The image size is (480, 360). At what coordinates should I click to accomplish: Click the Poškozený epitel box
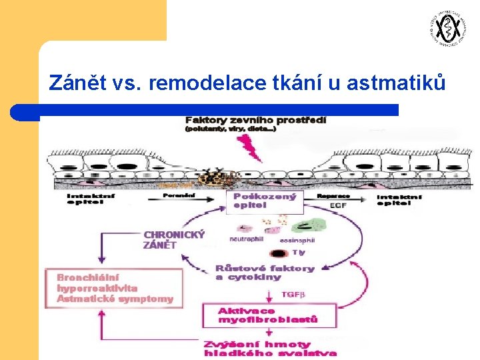tap(265, 201)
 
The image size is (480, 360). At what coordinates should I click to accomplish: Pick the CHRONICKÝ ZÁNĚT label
tap(173, 239)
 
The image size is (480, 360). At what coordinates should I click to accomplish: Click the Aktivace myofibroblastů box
tap(268, 315)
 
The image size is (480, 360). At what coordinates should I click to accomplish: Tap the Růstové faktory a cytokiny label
tap(264, 272)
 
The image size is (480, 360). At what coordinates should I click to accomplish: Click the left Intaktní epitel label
tap(85, 199)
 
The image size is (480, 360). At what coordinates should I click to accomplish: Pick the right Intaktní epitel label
tap(399, 199)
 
